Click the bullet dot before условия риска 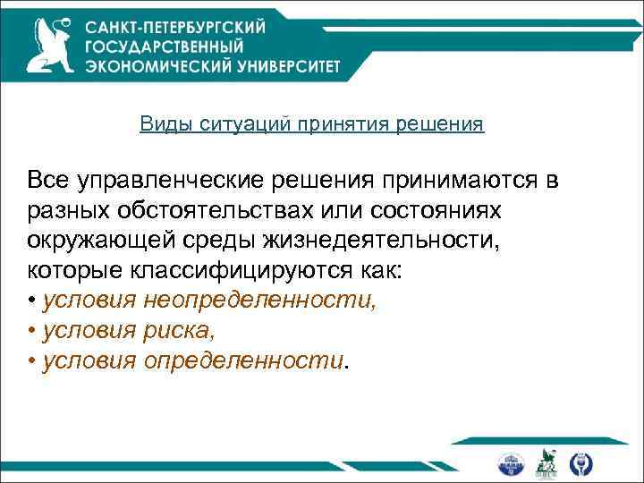(31, 330)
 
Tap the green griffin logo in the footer (546, 462)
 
